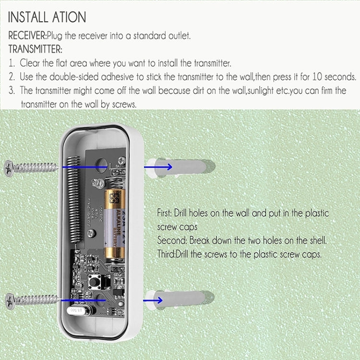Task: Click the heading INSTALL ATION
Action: (47, 17)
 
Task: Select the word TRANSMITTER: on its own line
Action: (35, 49)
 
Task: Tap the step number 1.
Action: (12, 63)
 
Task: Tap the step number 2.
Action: (12, 77)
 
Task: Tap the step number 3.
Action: (12, 91)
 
